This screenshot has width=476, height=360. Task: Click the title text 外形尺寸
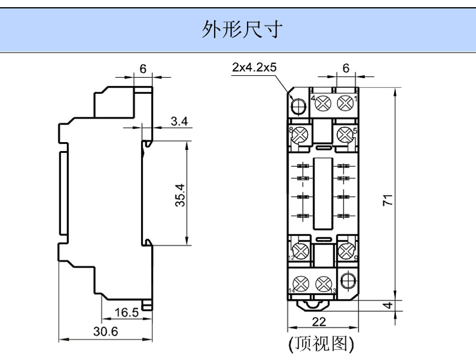[241, 29]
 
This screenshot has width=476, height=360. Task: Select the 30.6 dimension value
[106, 332]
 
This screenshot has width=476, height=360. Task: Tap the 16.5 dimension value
[126, 312]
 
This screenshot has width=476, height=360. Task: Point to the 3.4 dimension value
[179, 122]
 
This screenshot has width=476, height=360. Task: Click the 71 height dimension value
[389, 199]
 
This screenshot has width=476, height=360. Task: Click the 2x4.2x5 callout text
[254, 67]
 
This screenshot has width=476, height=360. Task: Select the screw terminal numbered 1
[345, 104]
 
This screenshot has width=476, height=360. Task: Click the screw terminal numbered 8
[299, 134]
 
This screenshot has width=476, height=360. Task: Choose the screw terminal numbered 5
[346, 134]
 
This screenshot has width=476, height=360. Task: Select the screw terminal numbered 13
[324, 282]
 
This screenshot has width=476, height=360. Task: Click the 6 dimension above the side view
[143, 69]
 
